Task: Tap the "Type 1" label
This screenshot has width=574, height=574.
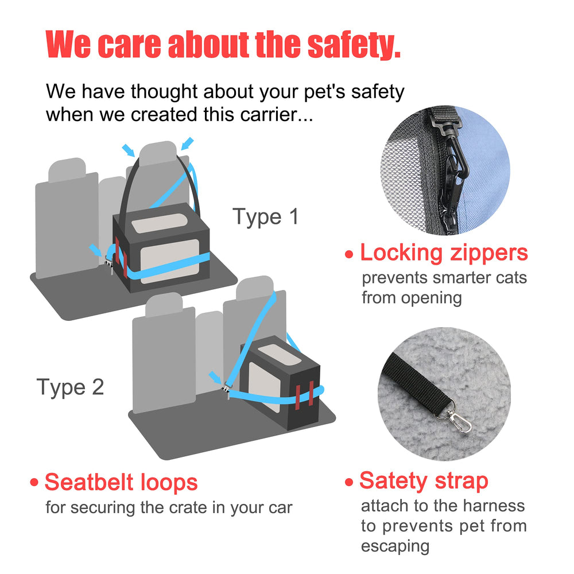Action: (x=265, y=217)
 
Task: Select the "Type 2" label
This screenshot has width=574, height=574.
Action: (x=70, y=387)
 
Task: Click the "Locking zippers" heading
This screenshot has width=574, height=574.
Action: (x=443, y=253)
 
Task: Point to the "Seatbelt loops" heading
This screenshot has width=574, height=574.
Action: (x=121, y=482)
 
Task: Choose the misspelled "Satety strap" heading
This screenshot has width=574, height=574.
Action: (x=424, y=481)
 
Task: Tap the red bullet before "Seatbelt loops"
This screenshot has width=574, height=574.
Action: (x=36, y=483)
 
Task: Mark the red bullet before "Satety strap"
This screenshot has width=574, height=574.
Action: (x=349, y=483)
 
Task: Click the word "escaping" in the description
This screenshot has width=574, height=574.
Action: (x=395, y=546)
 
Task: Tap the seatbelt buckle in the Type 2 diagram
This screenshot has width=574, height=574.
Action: (x=227, y=390)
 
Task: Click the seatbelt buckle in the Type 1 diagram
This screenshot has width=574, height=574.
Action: (x=108, y=266)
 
